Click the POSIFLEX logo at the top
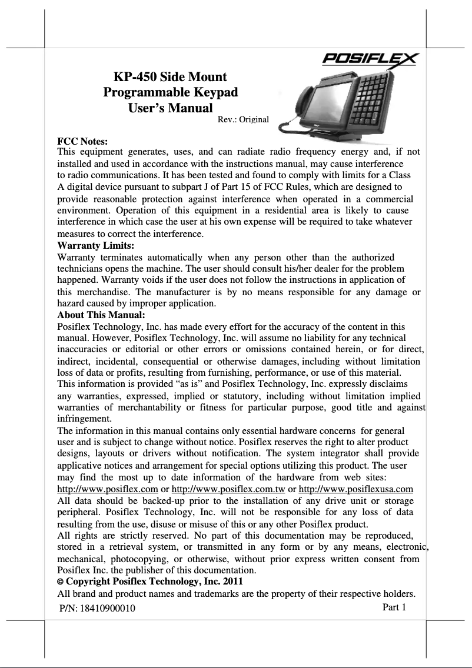coord(369,59)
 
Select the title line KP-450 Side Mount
coord(170,77)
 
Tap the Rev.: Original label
coord(243,119)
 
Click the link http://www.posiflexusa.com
coord(356,489)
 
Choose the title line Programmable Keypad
coord(171,92)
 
